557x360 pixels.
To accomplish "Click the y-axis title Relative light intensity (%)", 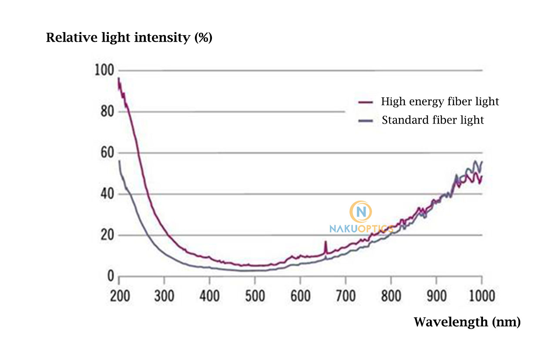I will coord(129,38).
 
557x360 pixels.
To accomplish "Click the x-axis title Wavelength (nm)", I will coord(466,322).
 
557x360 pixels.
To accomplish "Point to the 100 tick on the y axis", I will coord(104,70).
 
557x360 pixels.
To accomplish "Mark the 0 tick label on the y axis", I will coord(110,277).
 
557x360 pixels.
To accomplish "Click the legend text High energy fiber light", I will coord(440,102).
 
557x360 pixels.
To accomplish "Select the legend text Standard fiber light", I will coord(433,120).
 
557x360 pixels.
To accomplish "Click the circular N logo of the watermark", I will coord(361,212).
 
